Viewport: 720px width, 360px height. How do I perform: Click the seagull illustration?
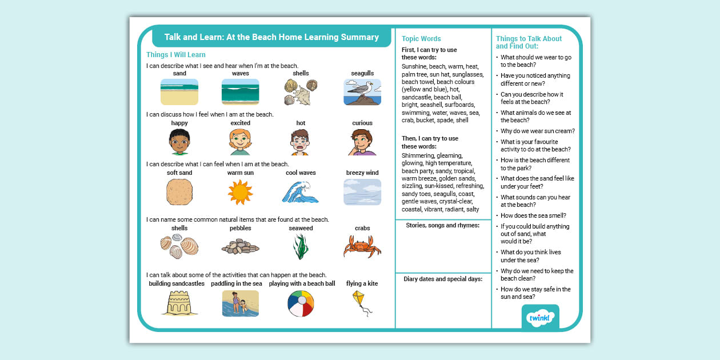point(362,92)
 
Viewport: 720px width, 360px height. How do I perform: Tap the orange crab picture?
point(362,247)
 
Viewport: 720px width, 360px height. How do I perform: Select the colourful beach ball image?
point(301,303)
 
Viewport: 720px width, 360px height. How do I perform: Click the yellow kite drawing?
point(361,302)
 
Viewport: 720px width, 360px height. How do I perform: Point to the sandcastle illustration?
point(179,303)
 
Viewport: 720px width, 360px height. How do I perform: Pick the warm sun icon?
point(240,192)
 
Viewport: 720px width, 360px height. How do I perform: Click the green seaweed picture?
point(301,247)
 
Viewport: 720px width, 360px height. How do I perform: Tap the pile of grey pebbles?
point(240,247)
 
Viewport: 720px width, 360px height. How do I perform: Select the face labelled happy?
point(179,142)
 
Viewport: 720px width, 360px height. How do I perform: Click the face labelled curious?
point(362,142)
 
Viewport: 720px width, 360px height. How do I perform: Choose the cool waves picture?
point(301,192)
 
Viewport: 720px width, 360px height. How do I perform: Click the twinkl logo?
point(540,318)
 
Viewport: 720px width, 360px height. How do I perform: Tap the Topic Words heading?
point(421,39)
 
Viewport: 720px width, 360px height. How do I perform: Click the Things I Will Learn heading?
point(176,55)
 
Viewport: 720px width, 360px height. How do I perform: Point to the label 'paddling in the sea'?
point(237,283)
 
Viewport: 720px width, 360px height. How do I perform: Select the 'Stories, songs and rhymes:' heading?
point(443,226)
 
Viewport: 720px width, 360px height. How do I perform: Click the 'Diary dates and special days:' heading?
point(443,279)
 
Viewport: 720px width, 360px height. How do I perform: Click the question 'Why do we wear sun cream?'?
point(538,131)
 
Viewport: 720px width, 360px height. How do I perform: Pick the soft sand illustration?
point(179,192)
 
